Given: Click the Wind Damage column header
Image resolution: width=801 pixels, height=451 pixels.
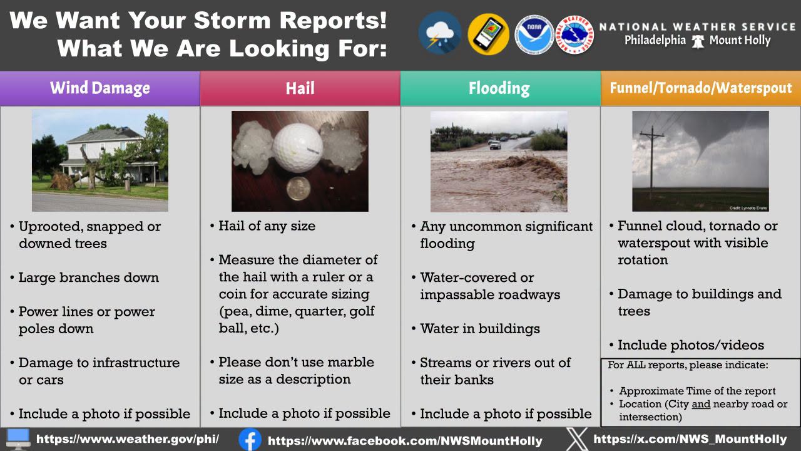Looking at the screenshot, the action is click(100, 88).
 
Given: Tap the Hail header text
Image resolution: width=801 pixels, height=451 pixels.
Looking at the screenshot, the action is click(300, 88).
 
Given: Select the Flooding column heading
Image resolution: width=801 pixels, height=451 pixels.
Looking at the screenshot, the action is click(499, 88).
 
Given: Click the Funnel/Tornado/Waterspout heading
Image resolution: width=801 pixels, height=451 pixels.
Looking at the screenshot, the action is click(701, 88).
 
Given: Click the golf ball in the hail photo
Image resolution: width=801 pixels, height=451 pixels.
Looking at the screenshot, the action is click(297, 146).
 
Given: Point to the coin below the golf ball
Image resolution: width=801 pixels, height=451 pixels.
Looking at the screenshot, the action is click(298, 189).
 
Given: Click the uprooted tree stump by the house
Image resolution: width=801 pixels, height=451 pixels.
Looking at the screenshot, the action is click(63, 181).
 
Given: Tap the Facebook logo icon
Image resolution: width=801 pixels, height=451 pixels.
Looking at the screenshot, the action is click(250, 440).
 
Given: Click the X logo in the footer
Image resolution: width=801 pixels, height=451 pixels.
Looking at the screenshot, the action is click(576, 439).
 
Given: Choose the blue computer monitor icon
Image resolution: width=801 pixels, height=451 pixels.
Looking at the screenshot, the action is click(18, 439).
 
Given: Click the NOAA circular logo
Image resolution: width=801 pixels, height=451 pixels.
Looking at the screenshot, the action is click(534, 34).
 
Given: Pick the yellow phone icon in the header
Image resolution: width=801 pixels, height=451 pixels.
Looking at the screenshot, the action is click(489, 34).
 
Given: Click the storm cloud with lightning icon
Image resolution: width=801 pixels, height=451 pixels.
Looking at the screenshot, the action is click(440, 33).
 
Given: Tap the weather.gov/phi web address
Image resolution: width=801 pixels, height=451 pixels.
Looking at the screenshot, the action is click(128, 439).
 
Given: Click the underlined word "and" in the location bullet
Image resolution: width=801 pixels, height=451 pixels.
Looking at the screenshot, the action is click(701, 404).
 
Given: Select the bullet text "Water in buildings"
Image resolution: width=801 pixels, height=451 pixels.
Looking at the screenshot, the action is click(480, 329).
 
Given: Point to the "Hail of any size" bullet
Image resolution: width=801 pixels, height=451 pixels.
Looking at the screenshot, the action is click(267, 226).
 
